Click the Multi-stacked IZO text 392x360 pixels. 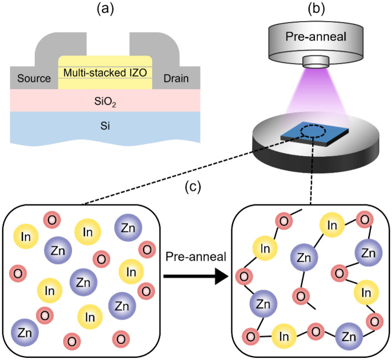click(x=105, y=72)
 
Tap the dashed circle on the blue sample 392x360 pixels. click(x=309, y=132)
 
